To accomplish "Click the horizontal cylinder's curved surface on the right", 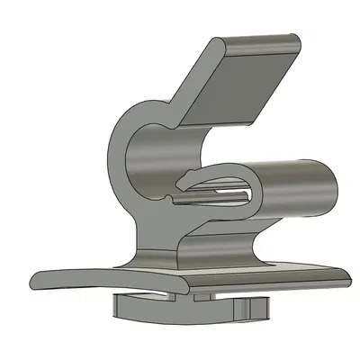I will [x=297, y=184].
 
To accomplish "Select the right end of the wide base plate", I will [x=346, y=275].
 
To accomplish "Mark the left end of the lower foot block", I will [x=117, y=306].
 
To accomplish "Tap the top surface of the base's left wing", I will [x=90, y=274].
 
